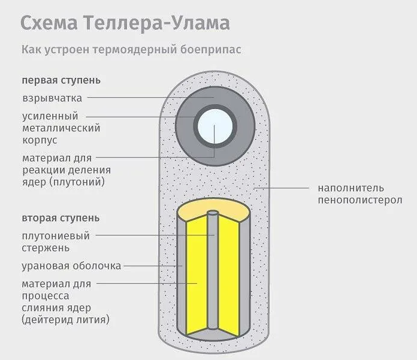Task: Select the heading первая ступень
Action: (x=61, y=80)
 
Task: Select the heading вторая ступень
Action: (x=61, y=217)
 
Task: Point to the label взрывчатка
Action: (x=52, y=98)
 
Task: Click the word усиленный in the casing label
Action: (x=50, y=116)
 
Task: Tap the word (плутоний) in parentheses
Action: (x=86, y=181)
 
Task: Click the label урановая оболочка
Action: (x=71, y=265)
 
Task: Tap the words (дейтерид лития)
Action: (x=66, y=320)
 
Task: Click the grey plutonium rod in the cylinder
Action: (x=213, y=276)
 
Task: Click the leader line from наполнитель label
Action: (x=282, y=189)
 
